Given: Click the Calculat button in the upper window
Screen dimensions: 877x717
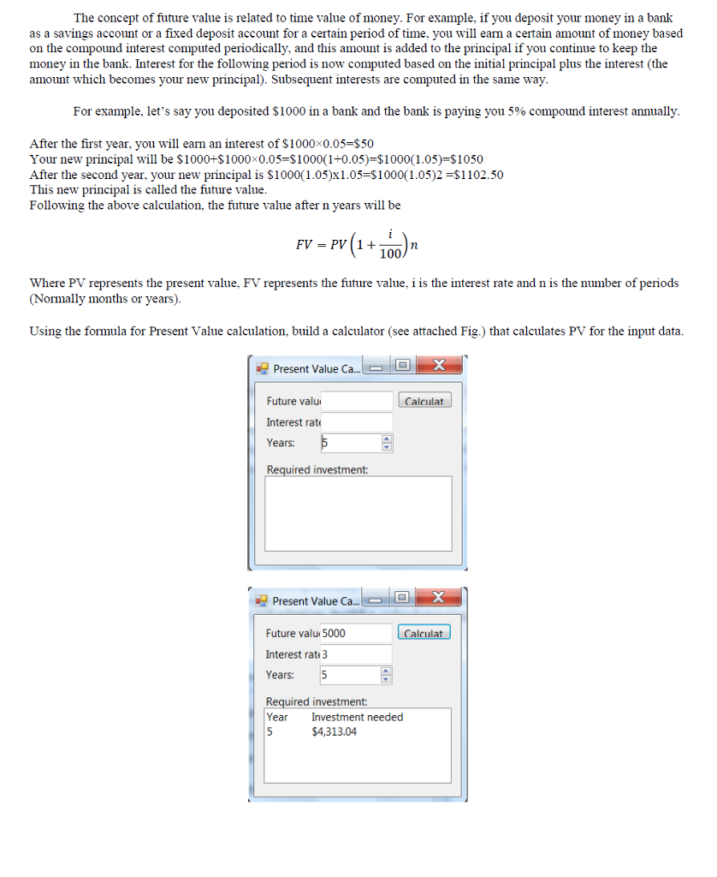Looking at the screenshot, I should coord(424,401).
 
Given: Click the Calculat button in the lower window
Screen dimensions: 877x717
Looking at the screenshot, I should coord(424,633).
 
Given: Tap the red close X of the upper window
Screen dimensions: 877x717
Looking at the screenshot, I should coord(439,366).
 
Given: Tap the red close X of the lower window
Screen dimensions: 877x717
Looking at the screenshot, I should coord(438,597).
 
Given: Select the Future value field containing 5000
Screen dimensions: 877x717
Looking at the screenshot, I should coord(356,633).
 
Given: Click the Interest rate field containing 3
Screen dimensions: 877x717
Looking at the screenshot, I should coord(356,654).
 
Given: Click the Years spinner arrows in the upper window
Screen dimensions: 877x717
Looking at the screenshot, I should coord(386,443).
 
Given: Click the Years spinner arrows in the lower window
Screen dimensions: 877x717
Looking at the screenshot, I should coord(386,675).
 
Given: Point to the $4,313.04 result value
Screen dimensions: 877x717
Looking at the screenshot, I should coord(335,731).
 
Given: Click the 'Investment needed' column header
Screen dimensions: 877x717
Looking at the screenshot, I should coord(357,717).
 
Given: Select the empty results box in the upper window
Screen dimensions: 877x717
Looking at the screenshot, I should coord(358,519).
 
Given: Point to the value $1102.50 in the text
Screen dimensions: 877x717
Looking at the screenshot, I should coord(476,175).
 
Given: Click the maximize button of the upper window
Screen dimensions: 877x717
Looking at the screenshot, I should coord(402,367).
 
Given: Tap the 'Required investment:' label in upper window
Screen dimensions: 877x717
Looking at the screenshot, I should coord(317,469).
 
